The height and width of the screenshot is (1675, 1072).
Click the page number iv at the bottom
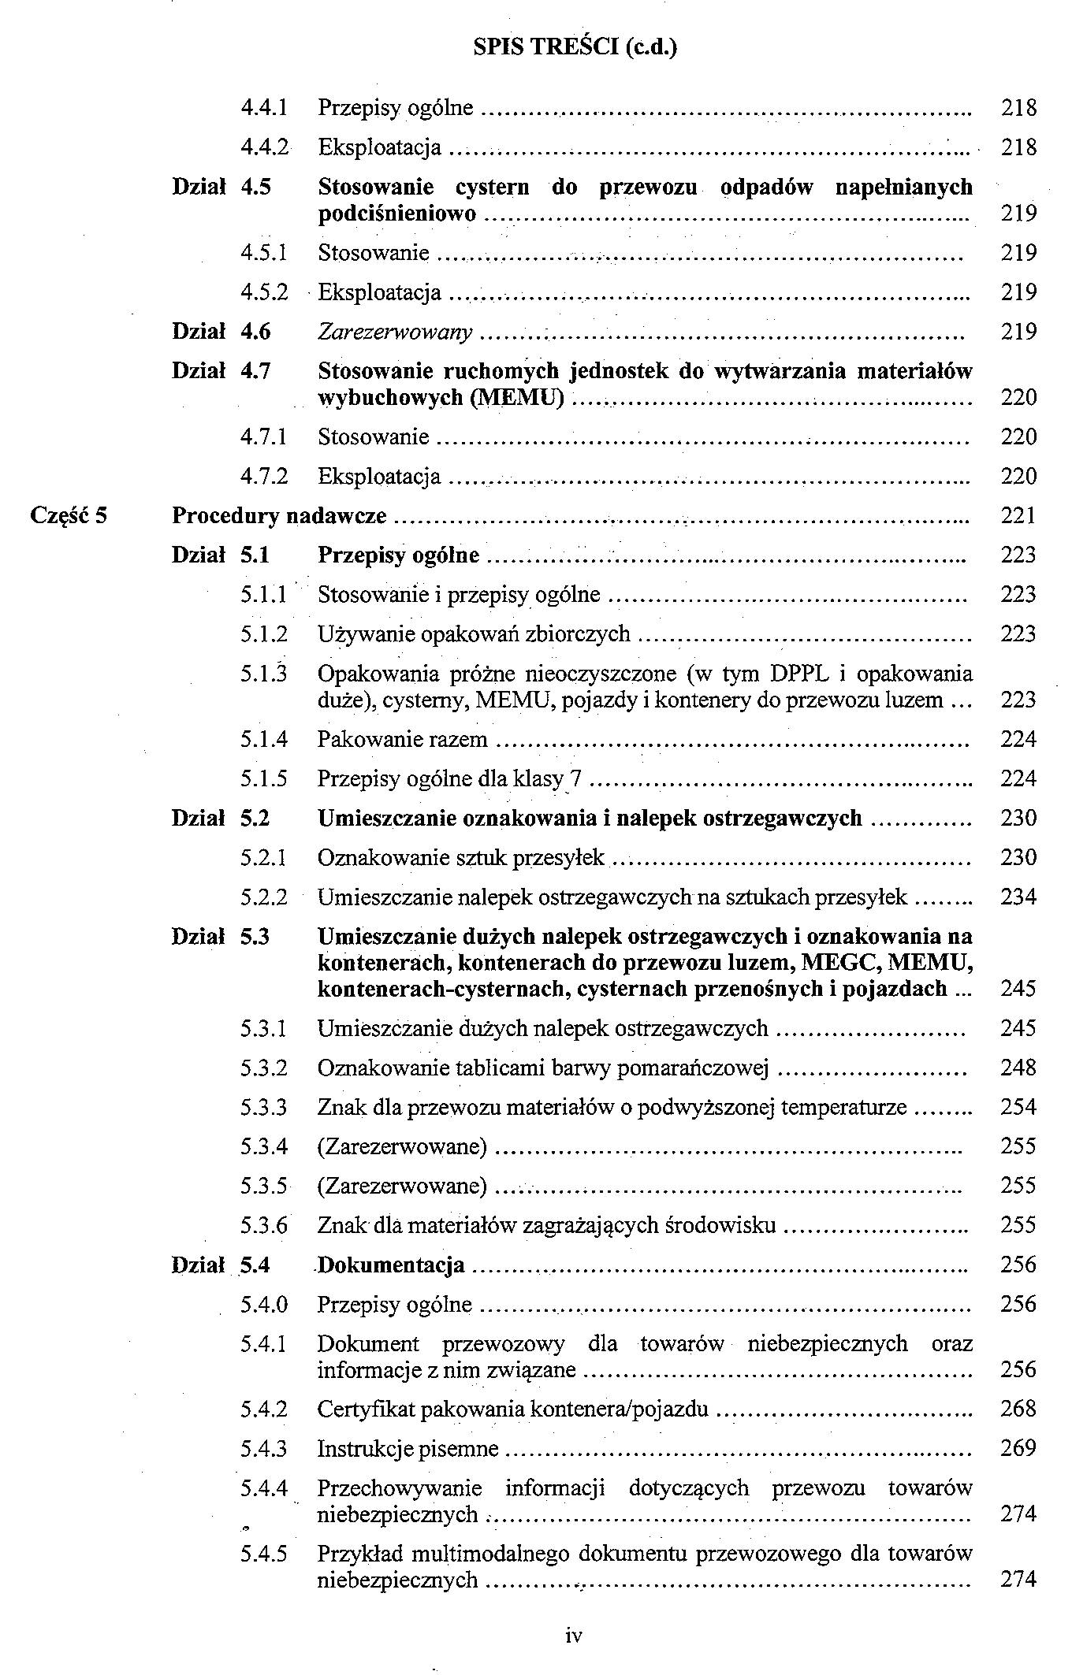pos(573,1636)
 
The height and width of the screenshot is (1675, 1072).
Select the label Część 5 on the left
pos(69,516)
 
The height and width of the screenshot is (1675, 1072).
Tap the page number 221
pos(1018,516)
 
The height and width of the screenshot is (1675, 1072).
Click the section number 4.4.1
pos(263,107)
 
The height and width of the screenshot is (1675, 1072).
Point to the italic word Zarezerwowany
pos(395,332)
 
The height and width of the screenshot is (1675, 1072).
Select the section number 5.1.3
pos(263,674)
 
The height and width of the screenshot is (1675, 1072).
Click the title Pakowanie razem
pos(402,739)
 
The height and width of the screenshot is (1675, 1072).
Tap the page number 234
pos(1018,897)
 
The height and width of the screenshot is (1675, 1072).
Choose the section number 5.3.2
pos(263,1068)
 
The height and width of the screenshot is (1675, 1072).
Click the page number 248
pos(1018,1068)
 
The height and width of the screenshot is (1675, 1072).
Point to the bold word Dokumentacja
pos(391,1265)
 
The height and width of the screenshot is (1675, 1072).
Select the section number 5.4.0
pos(263,1304)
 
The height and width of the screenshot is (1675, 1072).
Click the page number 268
pos(1018,1409)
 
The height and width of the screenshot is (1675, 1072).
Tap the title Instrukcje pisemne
pos(408,1448)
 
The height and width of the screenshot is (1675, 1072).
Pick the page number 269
pos(1018,1448)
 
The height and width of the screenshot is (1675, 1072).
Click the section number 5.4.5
pos(263,1554)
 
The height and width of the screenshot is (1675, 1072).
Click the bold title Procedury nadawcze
pos(279,516)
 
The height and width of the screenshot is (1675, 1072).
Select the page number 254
pos(1018,1107)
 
